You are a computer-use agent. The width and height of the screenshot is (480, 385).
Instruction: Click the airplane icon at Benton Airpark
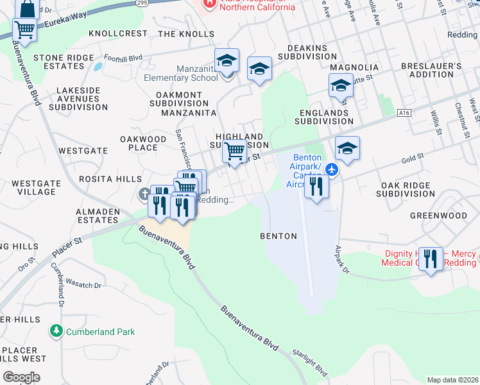click(331, 169)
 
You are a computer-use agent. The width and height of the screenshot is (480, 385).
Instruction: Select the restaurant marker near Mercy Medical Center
click(431, 259)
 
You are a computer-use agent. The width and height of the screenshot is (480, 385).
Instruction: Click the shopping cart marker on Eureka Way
click(24, 30)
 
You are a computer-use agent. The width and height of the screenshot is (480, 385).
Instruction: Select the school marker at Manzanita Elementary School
click(227, 61)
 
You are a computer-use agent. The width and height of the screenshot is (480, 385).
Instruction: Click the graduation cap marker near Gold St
click(347, 148)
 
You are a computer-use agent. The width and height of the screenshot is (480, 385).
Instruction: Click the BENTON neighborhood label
click(279, 236)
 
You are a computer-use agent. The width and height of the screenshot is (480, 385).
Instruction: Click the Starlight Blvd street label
click(310, 362)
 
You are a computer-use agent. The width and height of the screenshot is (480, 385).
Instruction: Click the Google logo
click(21, 377)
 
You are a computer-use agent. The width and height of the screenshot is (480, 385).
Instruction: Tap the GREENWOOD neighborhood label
click(439, 216)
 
